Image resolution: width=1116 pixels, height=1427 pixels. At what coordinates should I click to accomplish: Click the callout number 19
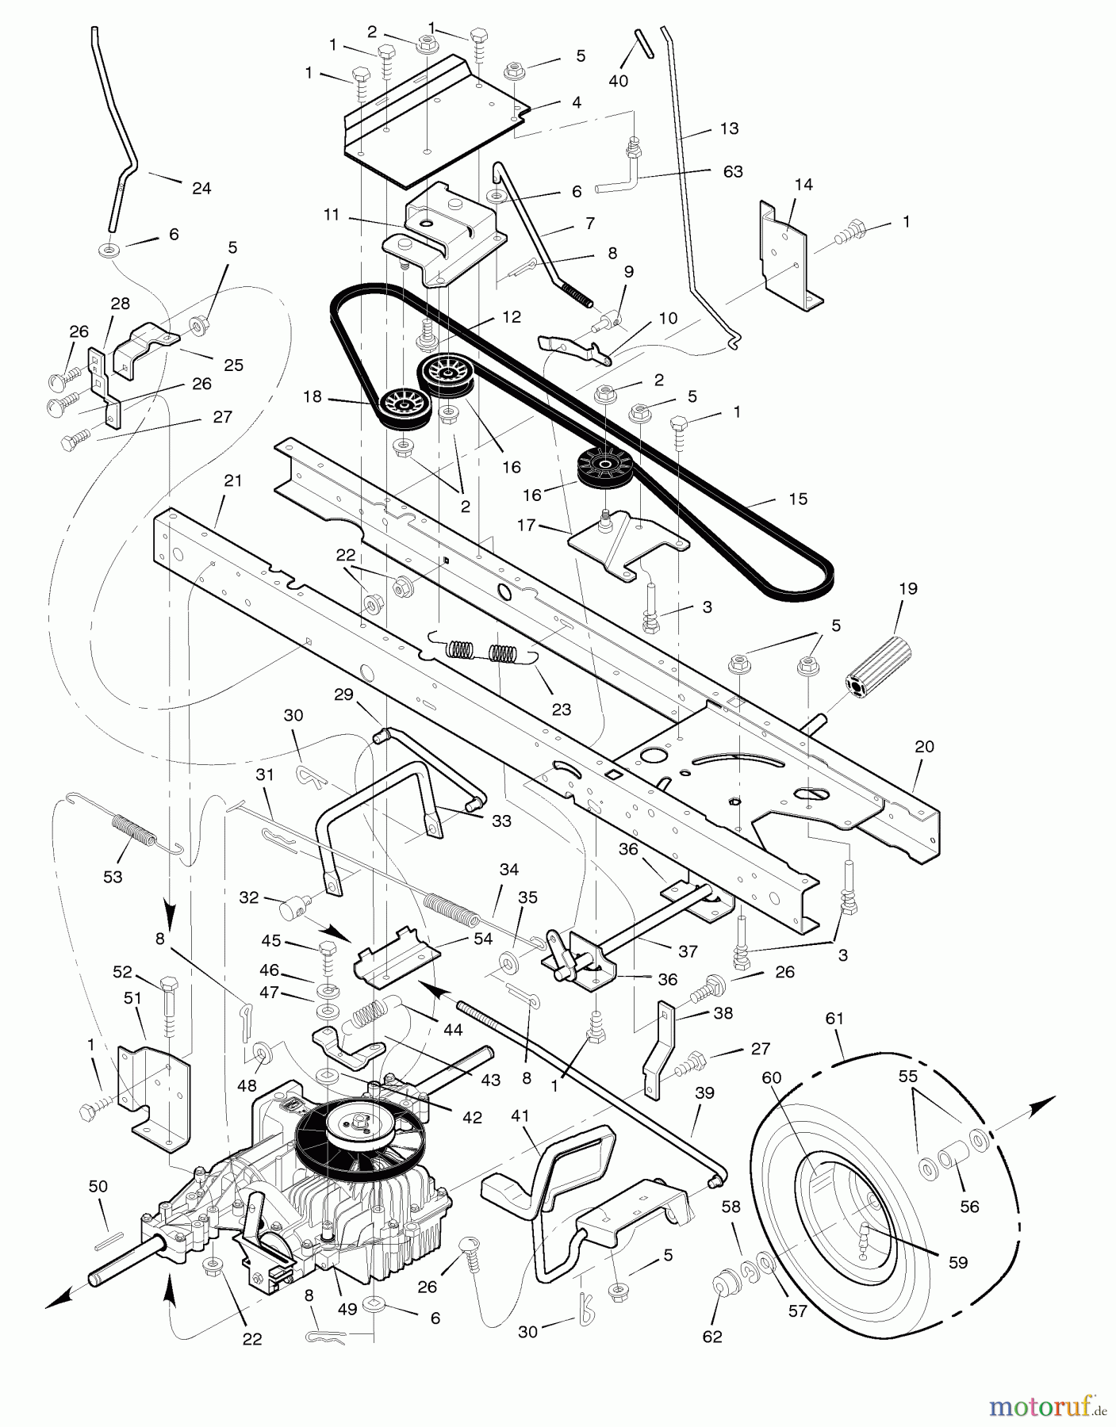click(908, 588)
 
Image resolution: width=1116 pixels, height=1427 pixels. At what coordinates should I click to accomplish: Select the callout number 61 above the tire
click(834, 1018)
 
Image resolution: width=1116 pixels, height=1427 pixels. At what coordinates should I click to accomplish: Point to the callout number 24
click(201, 188)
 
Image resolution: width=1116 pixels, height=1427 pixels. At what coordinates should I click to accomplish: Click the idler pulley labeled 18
click(404, 407)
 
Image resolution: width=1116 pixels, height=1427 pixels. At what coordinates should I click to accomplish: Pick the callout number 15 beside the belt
click(798, 499)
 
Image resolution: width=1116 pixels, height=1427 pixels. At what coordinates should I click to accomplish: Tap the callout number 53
click(113, 876)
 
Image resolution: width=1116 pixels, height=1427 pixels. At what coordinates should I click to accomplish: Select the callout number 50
click(98, 1186)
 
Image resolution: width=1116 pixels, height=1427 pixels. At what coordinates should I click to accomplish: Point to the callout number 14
click(803, 184)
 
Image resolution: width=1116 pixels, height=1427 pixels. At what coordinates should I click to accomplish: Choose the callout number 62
click(712, 1336)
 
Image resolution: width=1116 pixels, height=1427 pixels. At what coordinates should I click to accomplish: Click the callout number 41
click(520, 1115)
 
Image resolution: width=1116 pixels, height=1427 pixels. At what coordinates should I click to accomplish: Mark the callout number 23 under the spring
click(561, 709)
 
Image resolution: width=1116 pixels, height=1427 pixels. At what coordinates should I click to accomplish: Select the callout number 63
click(733, 171)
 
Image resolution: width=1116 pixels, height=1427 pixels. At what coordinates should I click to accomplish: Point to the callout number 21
click(232, 480)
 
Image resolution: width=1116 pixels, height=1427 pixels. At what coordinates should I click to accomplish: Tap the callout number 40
click(618, 81)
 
